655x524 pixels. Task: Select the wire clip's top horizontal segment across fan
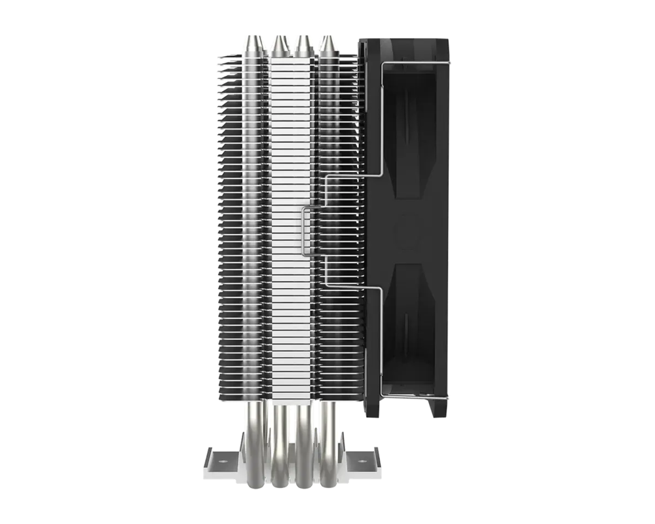pos(413,62)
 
